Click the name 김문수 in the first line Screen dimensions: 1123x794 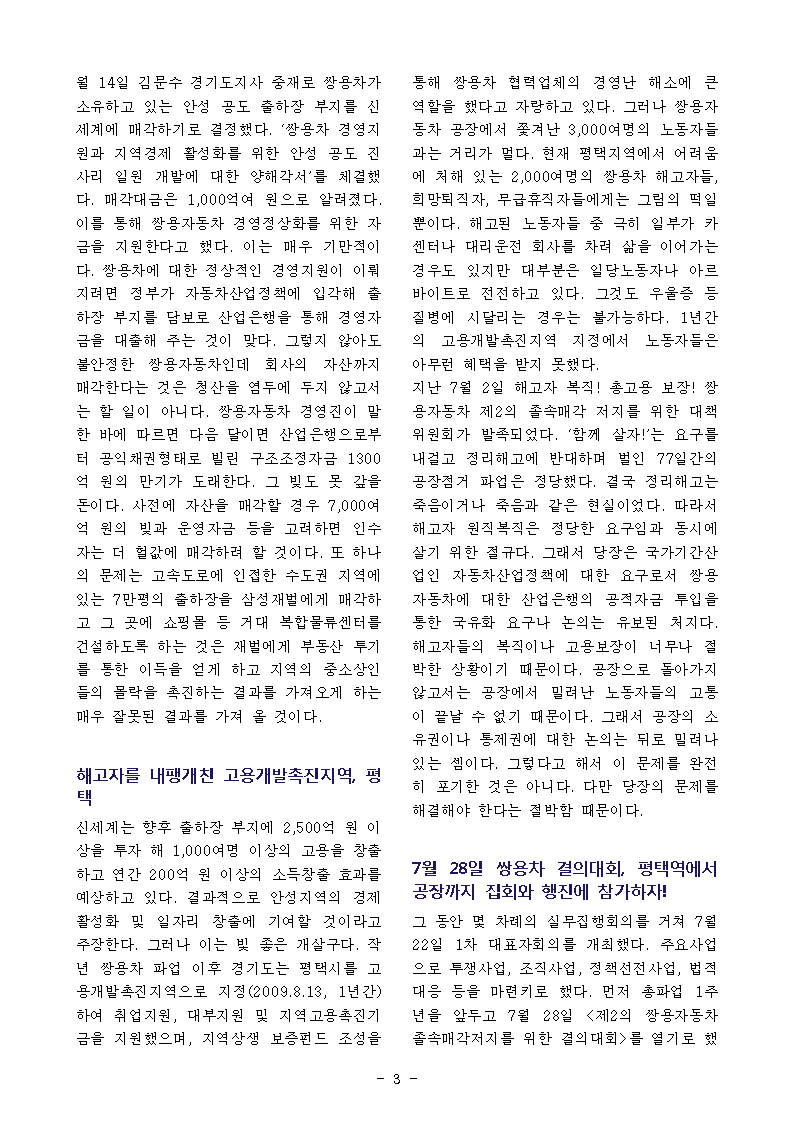click(x=157, y=79)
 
